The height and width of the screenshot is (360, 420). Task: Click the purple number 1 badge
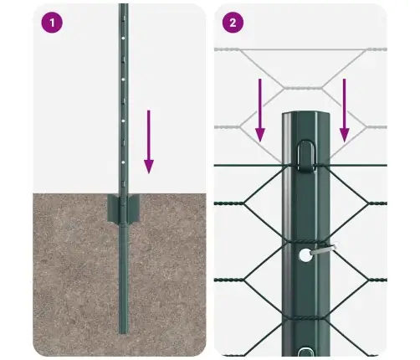tap(53, 23)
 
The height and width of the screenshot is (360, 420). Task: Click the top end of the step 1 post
tap(124, 6)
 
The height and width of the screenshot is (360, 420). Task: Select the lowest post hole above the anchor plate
tap(124, 158)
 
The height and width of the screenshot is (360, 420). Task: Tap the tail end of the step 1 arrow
tap(148, 110)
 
